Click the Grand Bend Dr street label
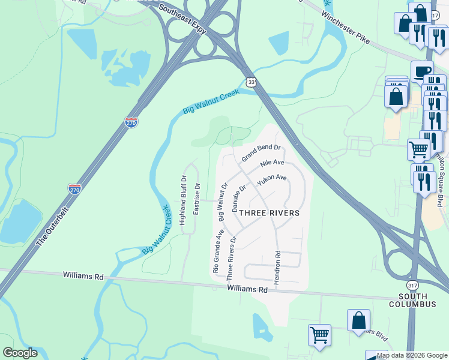261,152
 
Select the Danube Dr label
239,198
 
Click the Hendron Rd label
278,270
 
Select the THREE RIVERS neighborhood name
269,212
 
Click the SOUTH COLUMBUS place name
416,300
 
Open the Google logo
20,353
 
